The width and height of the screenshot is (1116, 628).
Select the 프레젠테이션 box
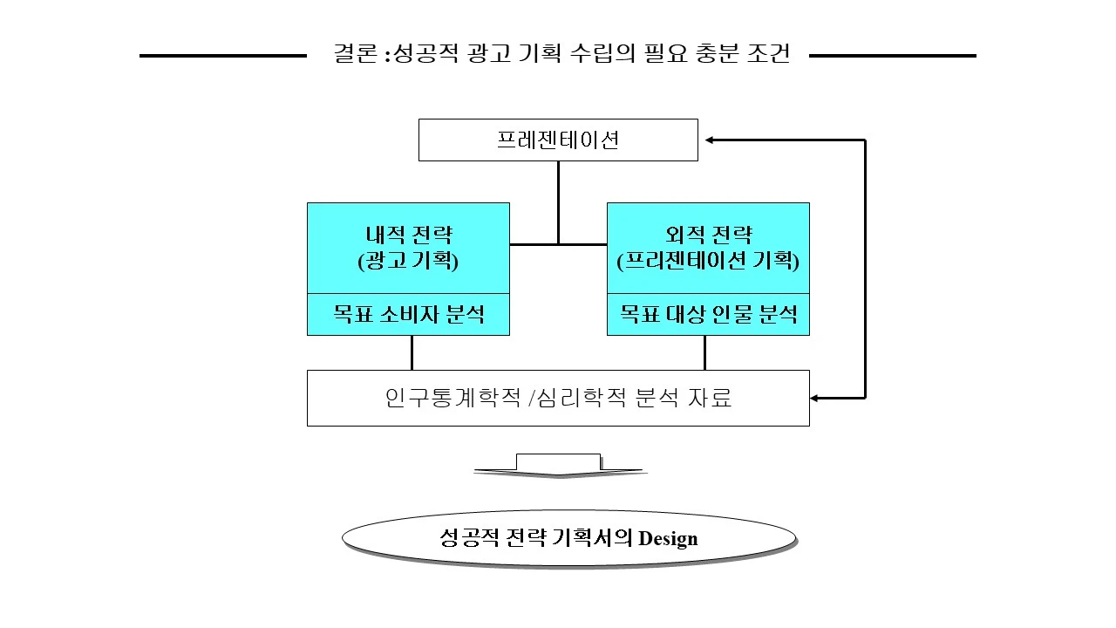[x=558, y=140]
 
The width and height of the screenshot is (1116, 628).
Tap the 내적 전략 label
[x=408, y=235]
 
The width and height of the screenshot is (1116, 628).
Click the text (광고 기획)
[x=408, y=261]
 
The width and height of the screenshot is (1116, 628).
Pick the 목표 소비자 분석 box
[x=408, y=314]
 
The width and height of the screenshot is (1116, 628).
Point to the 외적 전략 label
[x=708, y=235]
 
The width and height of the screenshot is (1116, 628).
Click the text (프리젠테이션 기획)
[x=708, y=261]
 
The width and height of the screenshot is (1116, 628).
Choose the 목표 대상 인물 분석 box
[x=708, y=314]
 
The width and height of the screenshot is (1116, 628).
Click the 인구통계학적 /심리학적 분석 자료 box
[x=558, y=398]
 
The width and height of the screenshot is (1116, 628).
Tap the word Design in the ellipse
[x=668, y=538]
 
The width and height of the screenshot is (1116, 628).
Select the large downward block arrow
[x=559, y=466]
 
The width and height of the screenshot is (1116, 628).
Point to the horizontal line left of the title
[x=222, y=56]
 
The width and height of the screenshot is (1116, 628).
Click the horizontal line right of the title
[x=892, y=56]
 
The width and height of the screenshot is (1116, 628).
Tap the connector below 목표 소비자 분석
[x=412, y=352]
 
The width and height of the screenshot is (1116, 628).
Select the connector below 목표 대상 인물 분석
[x=704, y=352]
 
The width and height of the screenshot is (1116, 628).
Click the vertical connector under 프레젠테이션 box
[x=559, y=201]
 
